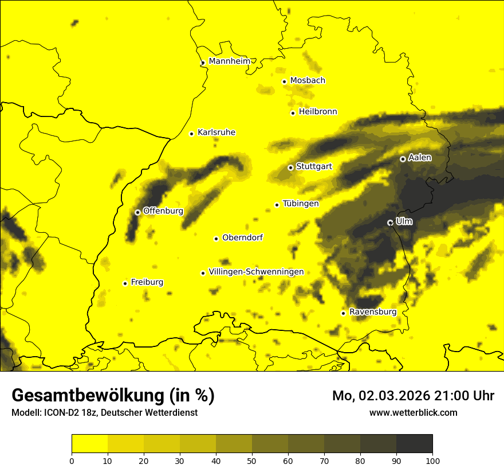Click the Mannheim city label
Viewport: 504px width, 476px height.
230,61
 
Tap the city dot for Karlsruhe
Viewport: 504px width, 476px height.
192,134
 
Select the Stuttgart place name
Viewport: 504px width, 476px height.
314,167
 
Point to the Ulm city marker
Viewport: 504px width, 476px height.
390,223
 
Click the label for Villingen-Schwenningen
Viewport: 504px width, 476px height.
256,272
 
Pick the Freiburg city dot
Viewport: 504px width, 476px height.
125,283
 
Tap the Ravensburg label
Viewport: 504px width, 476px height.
373,312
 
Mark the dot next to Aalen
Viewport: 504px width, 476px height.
403,159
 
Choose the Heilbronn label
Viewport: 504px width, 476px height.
318,112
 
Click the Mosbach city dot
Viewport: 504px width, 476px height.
284,81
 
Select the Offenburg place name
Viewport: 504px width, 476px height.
163,211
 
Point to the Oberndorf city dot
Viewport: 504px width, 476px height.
216,239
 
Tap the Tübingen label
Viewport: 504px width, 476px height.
301,204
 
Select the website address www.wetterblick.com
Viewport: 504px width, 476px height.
414,412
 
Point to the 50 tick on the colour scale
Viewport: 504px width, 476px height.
252,460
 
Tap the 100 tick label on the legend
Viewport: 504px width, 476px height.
432,460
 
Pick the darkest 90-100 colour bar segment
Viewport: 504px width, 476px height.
414,444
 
